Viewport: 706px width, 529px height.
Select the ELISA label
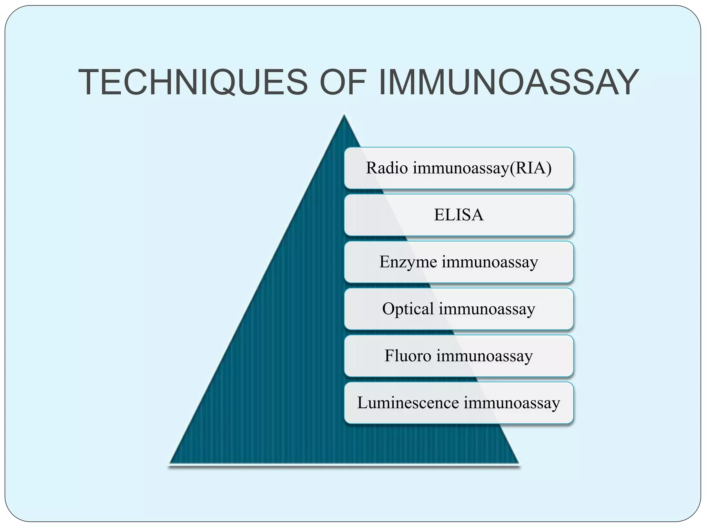point(458,215)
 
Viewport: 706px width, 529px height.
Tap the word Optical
point(408,309)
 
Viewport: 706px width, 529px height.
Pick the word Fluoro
point(407,356)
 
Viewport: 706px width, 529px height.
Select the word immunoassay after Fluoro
point(484,356)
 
